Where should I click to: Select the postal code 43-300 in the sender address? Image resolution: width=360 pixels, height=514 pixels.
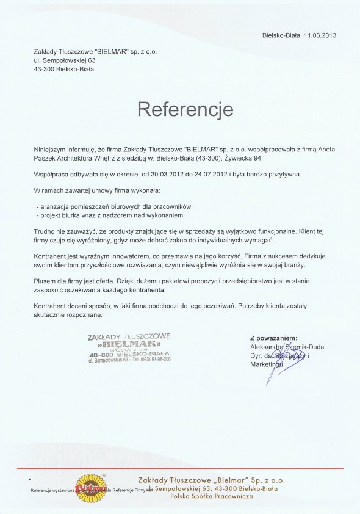45,70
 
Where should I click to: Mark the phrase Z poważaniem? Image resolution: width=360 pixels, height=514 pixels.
273,338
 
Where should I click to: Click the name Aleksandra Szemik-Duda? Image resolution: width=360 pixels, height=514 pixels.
287,347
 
